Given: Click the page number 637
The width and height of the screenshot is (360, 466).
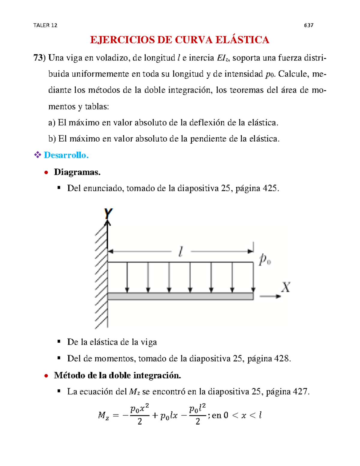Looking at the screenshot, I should [x=308, y=26].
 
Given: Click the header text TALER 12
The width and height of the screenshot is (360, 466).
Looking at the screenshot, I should [x=45, y=26].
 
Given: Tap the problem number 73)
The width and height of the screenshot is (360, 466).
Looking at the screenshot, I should [x=39, y=58].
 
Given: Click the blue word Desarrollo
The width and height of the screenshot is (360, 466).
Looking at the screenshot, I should [x=66, y=155].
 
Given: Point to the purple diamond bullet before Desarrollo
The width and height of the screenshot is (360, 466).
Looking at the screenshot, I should [x=37, y=155].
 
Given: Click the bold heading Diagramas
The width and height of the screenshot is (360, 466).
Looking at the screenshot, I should [x=77, y=172].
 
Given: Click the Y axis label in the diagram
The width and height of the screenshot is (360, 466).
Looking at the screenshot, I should [x=108, y=214].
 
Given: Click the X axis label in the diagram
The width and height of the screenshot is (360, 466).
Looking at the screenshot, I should [x=286, y=287].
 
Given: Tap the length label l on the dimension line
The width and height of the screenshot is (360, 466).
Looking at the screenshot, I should [x=181, y=252].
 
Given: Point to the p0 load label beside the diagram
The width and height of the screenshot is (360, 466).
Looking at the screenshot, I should [x=265, y=259].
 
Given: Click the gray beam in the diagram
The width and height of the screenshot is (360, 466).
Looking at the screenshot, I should [x=180, y=296].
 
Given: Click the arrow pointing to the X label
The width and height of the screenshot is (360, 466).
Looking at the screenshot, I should [x=270, y=296].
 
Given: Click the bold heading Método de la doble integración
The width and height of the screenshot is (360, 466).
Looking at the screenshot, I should [x=117, y=375].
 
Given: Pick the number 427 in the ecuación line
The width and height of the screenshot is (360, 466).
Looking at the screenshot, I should [x=301, y=392].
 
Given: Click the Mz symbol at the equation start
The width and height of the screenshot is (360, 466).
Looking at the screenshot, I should [x=103, y=416].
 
